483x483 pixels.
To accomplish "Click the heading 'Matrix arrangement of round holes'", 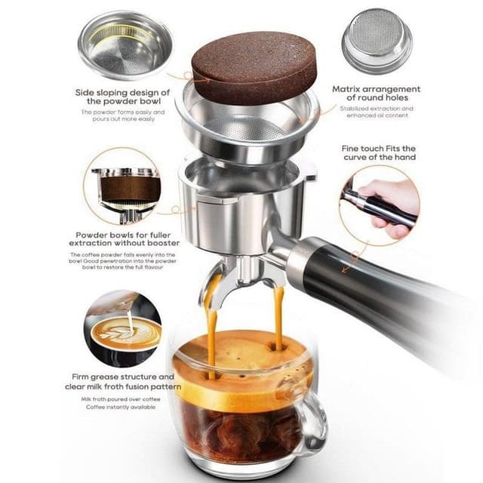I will tap(377, 94).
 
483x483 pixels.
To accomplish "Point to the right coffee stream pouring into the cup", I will tap(278, 317).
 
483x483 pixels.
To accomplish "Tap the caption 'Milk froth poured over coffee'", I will tap(122, 398).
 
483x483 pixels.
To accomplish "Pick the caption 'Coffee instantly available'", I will tap(122, 407).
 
